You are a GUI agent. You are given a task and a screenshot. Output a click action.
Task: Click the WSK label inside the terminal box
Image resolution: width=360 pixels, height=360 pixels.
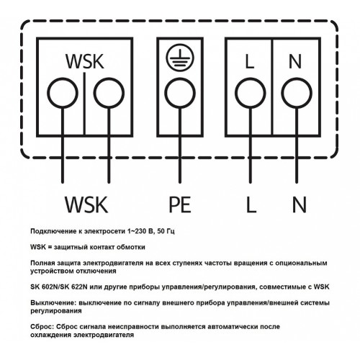point(85,61)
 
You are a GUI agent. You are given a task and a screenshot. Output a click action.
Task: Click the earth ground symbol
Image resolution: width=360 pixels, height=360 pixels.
point(180,58)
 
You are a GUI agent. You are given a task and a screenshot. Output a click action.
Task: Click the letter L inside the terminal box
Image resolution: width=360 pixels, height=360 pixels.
point(250,61)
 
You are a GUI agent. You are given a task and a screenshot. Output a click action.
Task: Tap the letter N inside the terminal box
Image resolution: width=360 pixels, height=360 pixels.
point(295,61)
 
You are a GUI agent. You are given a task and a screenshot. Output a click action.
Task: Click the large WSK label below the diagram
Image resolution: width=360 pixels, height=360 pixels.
point(86,204)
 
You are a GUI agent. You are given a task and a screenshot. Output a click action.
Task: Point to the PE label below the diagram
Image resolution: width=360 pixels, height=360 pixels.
point(180,204)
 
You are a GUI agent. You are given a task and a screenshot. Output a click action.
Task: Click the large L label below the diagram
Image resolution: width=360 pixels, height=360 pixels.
point(251,204)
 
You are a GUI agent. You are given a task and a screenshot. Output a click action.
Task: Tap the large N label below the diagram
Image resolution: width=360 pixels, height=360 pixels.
point(300,204)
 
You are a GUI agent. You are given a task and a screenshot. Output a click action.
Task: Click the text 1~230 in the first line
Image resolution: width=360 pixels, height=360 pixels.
point(137,231)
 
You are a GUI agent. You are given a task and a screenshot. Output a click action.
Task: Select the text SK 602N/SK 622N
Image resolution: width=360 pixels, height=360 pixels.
point(59,287)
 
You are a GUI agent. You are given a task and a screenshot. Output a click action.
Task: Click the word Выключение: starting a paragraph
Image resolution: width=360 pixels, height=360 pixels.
point(53,303)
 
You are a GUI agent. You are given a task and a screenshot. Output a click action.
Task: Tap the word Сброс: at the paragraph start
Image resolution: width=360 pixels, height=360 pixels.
point(42,327)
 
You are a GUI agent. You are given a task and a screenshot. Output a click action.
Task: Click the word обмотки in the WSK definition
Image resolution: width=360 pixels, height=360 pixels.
point(131,247)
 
